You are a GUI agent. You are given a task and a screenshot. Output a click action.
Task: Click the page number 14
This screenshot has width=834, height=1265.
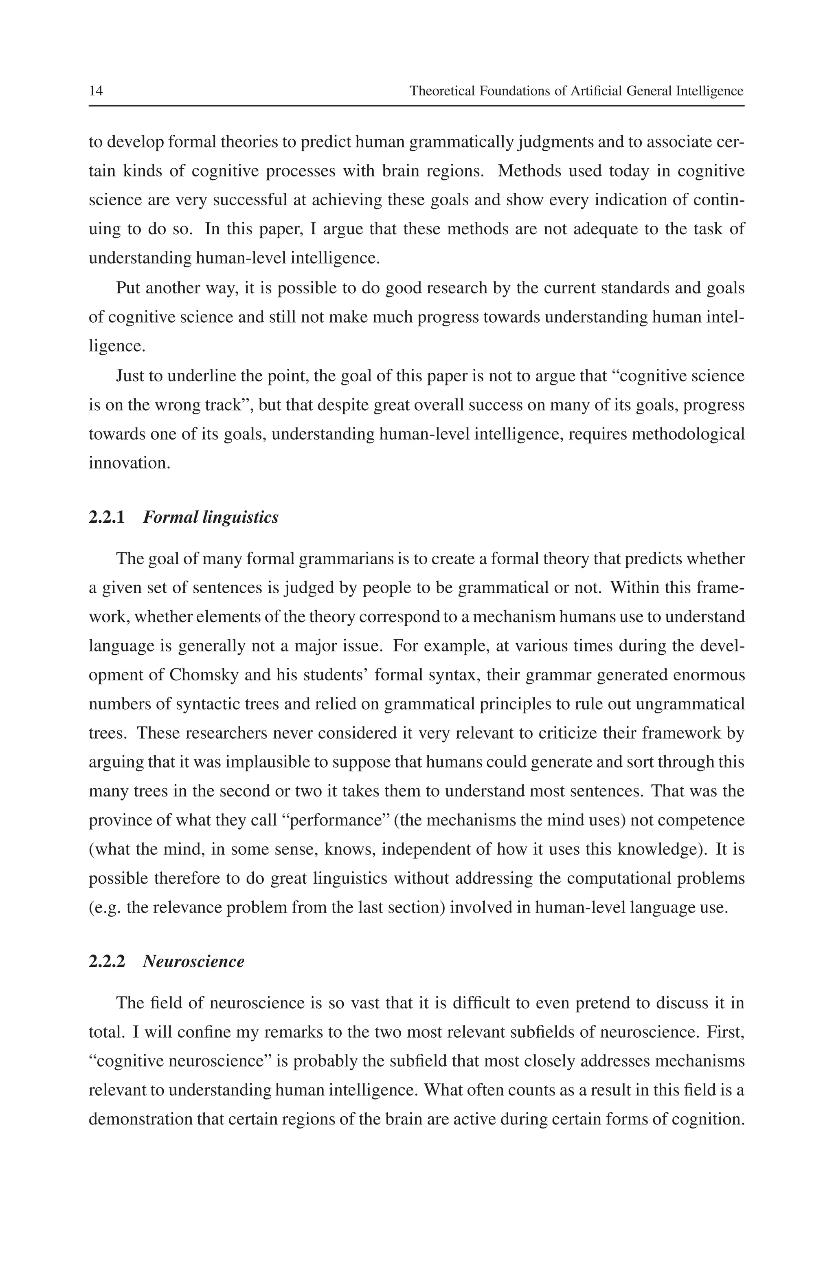96,91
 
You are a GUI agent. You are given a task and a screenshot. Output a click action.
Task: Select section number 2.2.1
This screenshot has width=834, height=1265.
106,517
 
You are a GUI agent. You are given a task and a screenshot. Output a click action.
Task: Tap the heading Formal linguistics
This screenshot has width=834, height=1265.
211,517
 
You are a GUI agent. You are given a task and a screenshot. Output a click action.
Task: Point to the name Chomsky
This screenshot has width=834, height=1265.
198,675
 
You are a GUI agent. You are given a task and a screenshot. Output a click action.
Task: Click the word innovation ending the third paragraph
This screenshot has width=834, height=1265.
129,463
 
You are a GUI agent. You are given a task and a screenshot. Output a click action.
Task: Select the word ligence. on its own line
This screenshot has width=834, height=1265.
116,346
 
